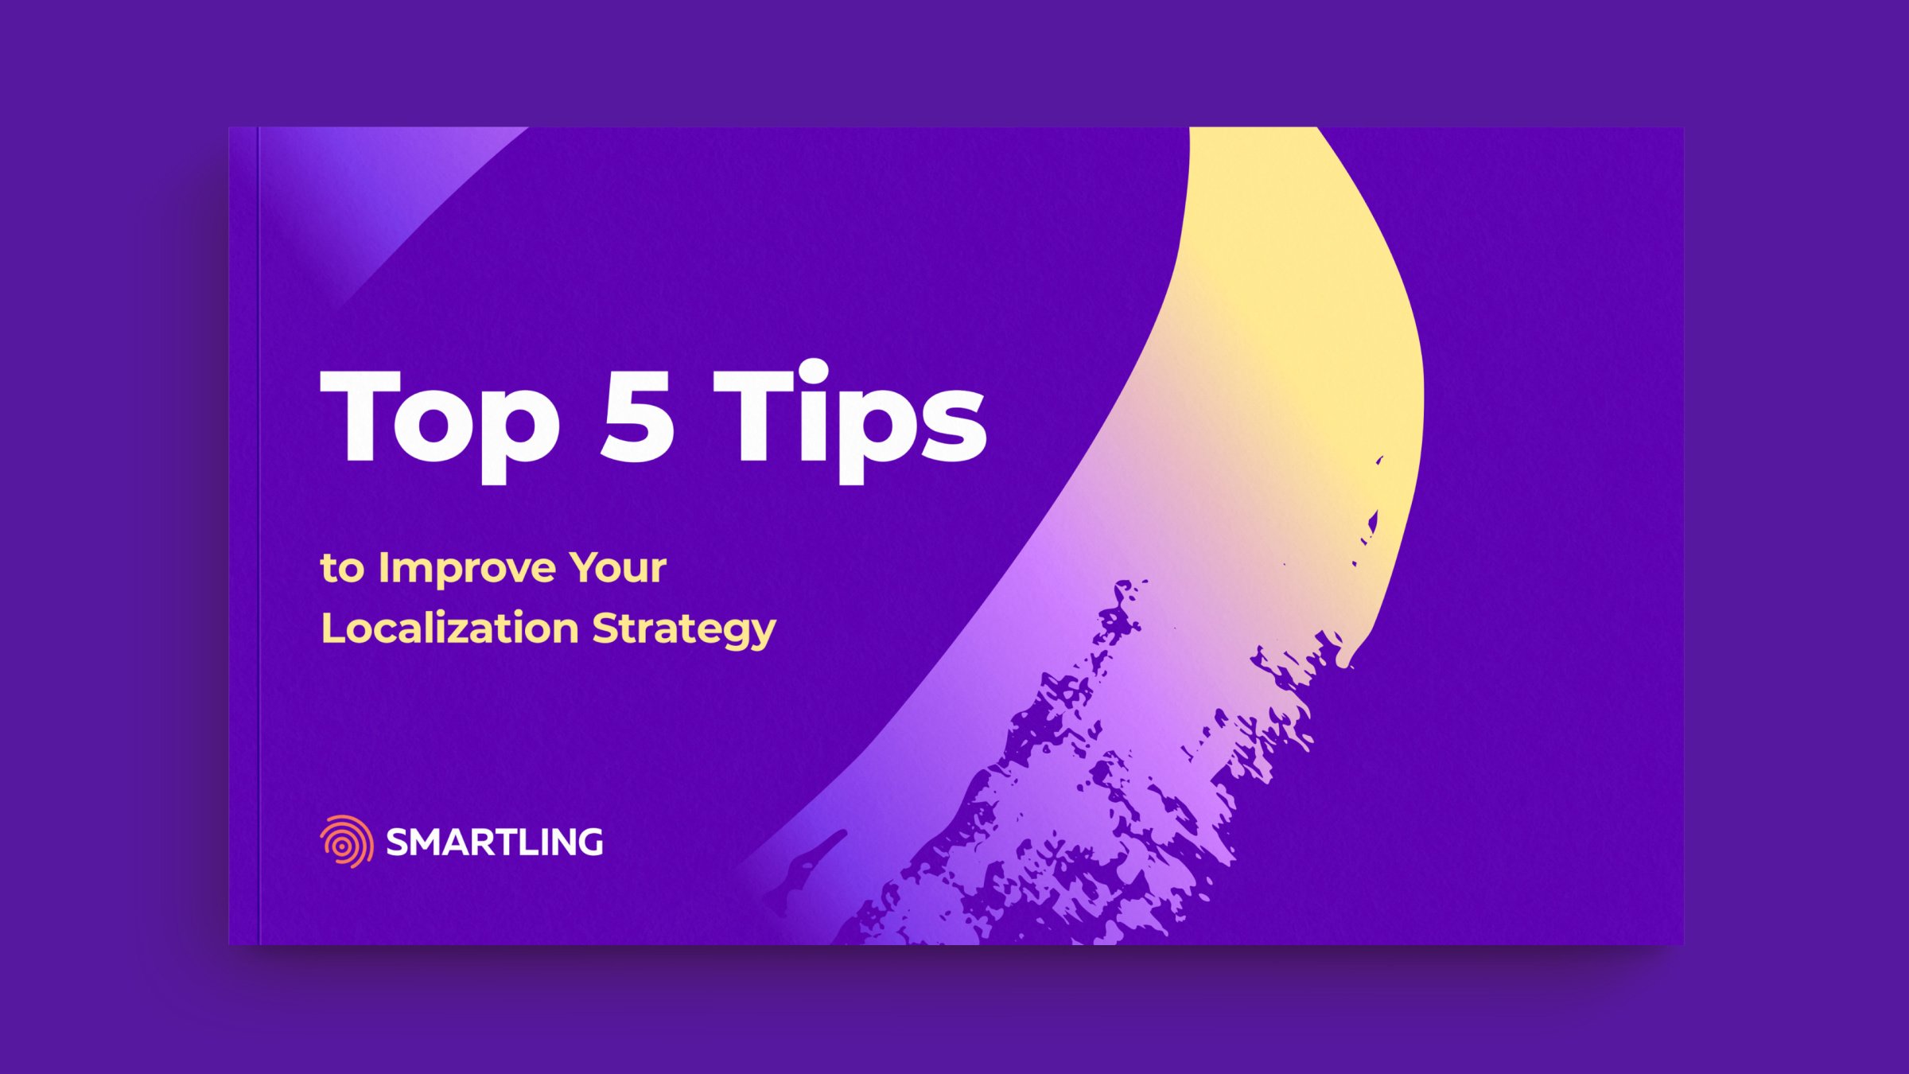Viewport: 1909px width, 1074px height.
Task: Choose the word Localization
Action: (x=449, y=628)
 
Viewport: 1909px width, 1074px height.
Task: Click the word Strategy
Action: (x=683, y=629)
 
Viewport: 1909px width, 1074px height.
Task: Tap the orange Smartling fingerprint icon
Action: (x=347, y=841)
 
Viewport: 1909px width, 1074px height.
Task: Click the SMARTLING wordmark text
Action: (x=494, y=842)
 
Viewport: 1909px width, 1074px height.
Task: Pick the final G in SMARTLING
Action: (x=589, y=842)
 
